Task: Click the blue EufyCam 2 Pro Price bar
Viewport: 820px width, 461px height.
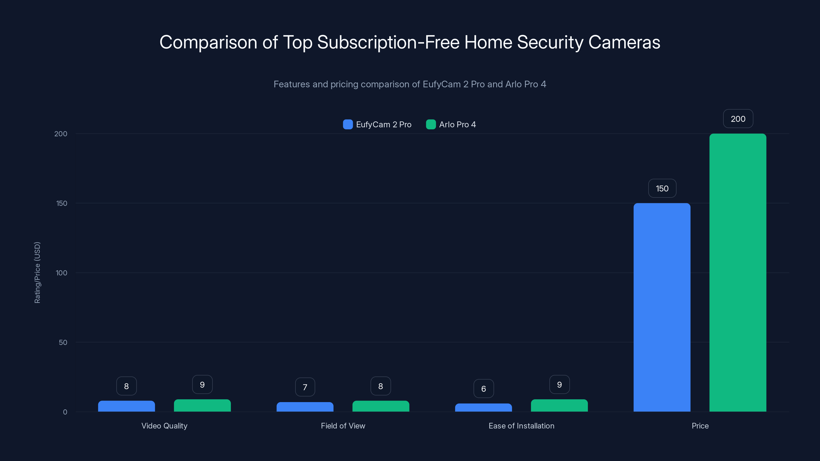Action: tap(662, 307)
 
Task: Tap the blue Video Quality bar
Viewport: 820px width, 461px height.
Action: tap(126, 406)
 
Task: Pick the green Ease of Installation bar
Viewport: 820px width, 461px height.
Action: tap(559, 405)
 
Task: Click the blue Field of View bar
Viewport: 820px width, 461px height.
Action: tap(305, 407)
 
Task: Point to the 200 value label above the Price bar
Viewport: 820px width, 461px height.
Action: tap(738, 119)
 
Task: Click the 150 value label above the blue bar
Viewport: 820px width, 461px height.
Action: tap(662, 188)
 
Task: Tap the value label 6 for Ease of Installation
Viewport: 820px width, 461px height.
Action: tap(484, 389)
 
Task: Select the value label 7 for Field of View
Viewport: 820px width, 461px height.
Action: tap(305, 387)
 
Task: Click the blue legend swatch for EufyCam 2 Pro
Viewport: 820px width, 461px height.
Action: tap(348, 124)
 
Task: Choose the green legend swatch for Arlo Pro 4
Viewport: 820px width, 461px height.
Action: tap(431, 124)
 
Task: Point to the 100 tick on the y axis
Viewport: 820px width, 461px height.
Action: tap(61, 273)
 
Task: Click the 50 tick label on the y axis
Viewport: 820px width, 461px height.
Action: tap(63, 342)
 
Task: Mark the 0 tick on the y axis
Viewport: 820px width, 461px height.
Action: tap(65, 412)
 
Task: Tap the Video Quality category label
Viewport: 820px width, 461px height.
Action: tap(164, 426)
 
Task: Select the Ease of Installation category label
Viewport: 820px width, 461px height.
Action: tap(521, 426)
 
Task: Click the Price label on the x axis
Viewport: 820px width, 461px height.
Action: tap(700, 426)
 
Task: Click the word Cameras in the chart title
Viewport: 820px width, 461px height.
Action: tap(624, 42)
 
